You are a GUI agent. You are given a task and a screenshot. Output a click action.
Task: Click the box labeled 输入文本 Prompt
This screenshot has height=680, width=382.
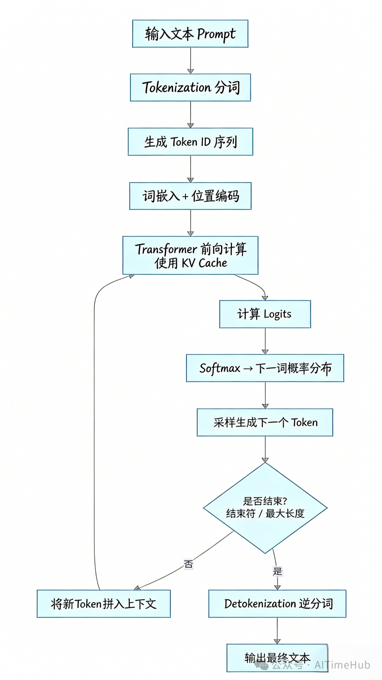coord(190,34)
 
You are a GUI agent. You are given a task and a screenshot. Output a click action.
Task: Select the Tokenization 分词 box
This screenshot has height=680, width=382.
coord(190,87)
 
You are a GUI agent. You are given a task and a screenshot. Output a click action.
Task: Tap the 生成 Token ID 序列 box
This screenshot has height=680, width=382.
coord(190,142)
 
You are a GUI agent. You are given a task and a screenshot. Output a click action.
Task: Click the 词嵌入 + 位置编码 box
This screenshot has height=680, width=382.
coord(190,196)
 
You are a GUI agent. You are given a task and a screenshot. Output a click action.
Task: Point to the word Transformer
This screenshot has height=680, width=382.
coord(166,249)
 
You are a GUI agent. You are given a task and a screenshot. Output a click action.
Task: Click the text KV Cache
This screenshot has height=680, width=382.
coord(204,263)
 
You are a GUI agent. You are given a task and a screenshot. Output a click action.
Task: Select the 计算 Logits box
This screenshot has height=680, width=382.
coord(265,314)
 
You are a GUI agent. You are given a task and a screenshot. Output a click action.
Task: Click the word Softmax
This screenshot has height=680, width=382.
coord(220,368)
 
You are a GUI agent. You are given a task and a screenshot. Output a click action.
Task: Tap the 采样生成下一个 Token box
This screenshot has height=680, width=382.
coord(265,422)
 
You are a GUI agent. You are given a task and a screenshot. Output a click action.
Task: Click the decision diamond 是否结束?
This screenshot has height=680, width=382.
coord(265,507)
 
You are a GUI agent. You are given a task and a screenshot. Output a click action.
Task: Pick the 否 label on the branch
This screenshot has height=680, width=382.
coord(189,564)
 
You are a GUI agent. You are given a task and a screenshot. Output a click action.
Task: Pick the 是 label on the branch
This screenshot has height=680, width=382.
coord(277,571)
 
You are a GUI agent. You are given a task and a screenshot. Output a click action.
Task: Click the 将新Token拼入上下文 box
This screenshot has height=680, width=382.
coord(104,603)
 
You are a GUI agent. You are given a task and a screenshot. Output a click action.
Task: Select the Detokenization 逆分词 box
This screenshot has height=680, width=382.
coord(277,603)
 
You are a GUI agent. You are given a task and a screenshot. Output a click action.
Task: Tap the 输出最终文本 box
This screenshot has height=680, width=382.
coord(277,658)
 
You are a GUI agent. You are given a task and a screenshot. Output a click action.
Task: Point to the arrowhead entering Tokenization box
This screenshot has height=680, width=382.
coord(191,71)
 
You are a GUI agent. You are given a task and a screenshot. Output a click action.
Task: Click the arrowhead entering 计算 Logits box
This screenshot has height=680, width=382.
coord(265,298)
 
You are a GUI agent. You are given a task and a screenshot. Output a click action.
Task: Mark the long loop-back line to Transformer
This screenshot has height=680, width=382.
coord(94,425)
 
